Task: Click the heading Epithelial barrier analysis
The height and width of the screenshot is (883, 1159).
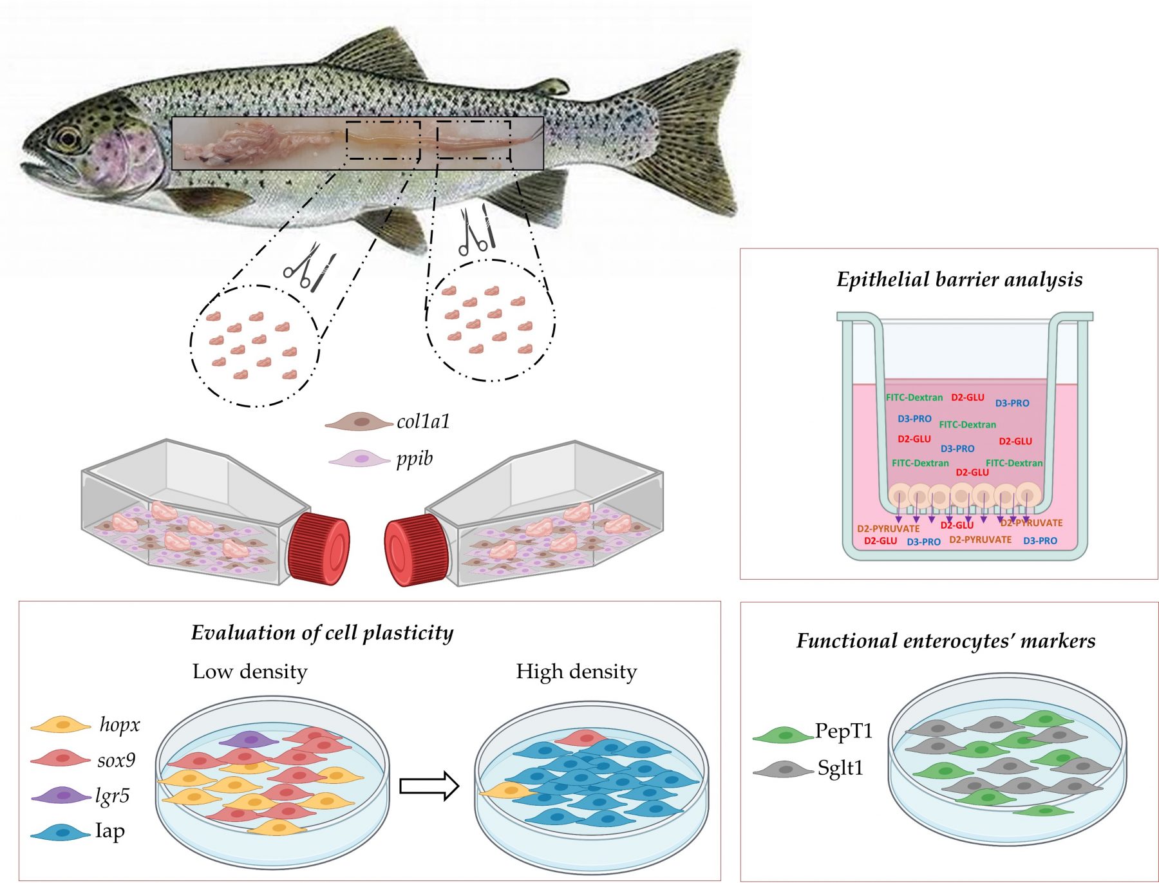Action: pyautogui.click(x=959, y=280)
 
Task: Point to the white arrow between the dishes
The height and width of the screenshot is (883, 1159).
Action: pyautogui.click(x=429, y=786)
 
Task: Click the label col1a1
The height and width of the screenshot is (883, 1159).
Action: pyautogui.click(x=423, y=421)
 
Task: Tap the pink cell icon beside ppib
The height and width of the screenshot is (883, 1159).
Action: pyautogui.click(x=359, y=459)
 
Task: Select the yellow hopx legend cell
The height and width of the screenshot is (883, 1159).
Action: pyautogui.click(x=61, y=725)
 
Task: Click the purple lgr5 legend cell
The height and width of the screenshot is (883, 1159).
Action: pyautogui.click(x=61, y=796)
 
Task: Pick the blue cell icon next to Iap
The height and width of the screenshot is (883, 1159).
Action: pyautogui.click(x=61, y=833)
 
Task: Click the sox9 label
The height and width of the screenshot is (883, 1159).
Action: pyautogui.click(x=116, y=760)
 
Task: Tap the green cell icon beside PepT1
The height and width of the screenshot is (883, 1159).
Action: pyautogui.click(x=783, y=734)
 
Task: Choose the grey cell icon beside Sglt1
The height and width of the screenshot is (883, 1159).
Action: pyautogui.click(x=783, y=769)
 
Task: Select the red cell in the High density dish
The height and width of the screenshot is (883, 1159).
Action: pyautogui.click(x=583, y=737)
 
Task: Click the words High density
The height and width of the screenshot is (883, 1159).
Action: pyautogui.click(x=576, y=672)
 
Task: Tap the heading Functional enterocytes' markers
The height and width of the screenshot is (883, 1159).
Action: pyautogui.click(x=945, y=641)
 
